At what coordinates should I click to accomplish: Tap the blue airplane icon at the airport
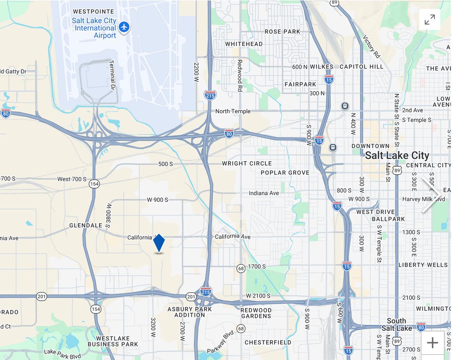[x=124, y=27]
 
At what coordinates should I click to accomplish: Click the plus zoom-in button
[x=432, y=343]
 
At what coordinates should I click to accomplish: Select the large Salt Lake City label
[x=397, y=155]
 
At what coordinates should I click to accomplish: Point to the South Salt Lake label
[x=396, y=325]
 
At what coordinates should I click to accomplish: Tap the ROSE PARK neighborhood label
[x=282, y=31]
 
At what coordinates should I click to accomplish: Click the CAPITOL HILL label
[x=361, y=66]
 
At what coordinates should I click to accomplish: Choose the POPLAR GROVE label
[x=285, y=173]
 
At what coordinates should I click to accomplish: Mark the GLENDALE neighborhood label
[x=86, y=225]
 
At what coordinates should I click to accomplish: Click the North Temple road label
[x=233, y=111]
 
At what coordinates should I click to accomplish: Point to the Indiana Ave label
[x=264, y=193]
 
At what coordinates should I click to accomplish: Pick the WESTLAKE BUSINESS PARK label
[x=113, y=341]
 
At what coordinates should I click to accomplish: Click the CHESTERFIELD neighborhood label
[x=268, y=342]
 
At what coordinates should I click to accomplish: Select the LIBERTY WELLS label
[x=423, y=265]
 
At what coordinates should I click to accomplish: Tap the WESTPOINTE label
[x=93, y=12]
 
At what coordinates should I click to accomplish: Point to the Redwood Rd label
[x=240, y=75]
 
